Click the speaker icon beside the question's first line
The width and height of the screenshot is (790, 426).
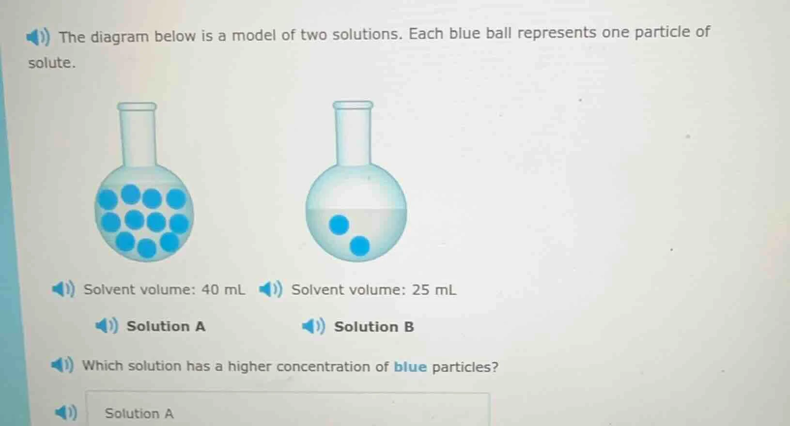[37, 37]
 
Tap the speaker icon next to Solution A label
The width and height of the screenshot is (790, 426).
[106, 326]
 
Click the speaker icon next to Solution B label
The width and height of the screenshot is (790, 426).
[313, 327]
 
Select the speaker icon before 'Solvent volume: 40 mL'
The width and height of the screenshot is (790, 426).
[63, 289]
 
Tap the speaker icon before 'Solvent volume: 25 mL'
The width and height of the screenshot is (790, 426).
[270, 289]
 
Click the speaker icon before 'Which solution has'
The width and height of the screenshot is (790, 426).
[62, 365]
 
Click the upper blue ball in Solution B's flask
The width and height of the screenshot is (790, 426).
[339, 225]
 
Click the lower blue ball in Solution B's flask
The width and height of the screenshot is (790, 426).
[359, 246]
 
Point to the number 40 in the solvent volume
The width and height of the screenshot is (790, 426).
[210, 289]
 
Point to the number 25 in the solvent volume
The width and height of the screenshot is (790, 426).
[420, 290]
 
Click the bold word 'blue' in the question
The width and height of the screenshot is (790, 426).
[410, 367]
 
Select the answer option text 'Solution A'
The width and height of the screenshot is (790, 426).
[139, 413]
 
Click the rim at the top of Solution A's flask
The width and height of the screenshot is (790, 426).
[137, 106]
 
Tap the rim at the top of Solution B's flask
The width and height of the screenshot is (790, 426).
[353, 105]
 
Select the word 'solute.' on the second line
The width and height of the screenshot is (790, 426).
[52, 63]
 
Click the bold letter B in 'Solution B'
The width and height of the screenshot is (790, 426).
[409, 327]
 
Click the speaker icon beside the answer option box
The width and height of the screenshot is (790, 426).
[66, 412]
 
